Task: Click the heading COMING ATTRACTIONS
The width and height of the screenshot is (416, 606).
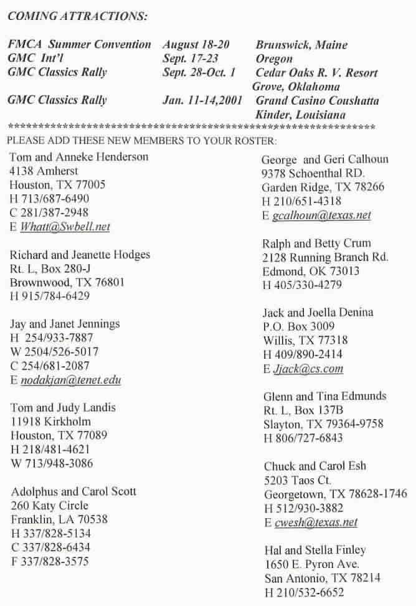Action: (78, 15)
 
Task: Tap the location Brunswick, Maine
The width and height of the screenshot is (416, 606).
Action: (301, 45)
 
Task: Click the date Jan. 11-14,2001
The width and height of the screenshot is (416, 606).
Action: (206, 100)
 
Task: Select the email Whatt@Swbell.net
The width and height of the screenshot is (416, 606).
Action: (65, 227)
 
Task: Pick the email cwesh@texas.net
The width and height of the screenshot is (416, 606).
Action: (316, 523)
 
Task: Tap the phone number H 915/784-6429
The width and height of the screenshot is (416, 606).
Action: (50, 296)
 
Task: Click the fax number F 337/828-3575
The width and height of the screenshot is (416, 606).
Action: (50, 561)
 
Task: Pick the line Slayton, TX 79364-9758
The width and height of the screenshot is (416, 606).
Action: (323, 424)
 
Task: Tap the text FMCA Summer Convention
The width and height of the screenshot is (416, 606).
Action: (80, 45)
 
